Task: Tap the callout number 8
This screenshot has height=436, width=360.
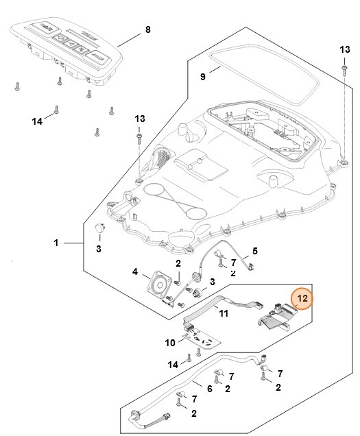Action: click(x=147, y=29)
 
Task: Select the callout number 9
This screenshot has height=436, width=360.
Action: click(x=202, y=77)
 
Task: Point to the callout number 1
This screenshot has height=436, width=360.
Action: click(x=56, y=243)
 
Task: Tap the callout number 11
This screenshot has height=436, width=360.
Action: click(x=223, y=313)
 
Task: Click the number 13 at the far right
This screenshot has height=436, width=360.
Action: click(x=345, y=50)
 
